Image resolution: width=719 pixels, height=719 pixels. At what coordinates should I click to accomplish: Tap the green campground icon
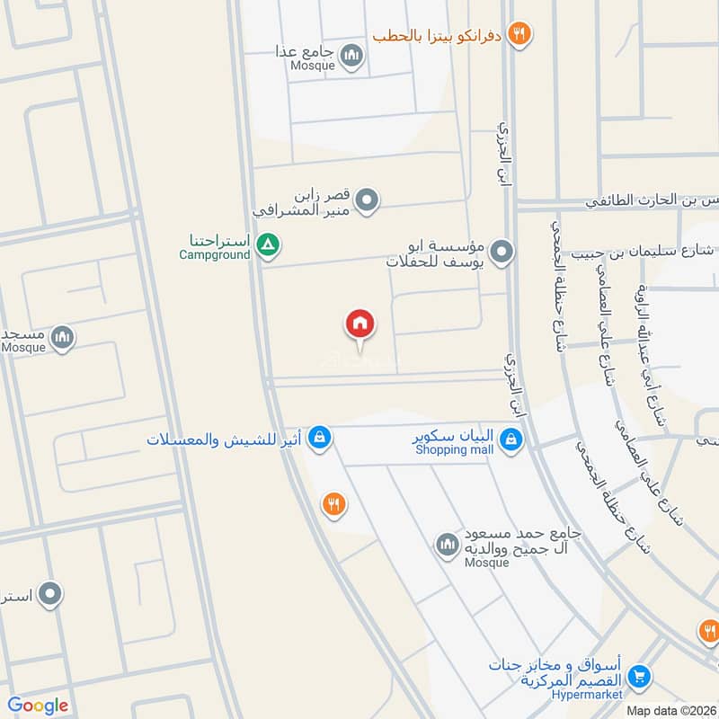[267, 244]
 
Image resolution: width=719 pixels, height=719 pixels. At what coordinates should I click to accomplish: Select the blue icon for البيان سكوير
[510, 439]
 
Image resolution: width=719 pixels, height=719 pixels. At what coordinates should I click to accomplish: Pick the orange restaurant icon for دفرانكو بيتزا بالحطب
[518, 35]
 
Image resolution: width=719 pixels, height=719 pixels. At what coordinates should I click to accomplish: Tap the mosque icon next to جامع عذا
[351, 58]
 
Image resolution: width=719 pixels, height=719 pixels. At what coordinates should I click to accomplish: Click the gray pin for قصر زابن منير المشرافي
[366, 200]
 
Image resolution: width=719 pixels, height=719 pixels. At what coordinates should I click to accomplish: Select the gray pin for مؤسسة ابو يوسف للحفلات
[502, 252]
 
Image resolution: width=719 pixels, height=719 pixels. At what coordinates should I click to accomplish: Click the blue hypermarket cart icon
[639, 676]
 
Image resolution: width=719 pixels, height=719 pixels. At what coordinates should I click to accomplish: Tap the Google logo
[38, 706]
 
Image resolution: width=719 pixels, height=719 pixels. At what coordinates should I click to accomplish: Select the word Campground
[214, 255]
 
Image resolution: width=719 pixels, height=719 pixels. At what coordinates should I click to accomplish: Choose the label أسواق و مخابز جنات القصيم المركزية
[557, 671]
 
